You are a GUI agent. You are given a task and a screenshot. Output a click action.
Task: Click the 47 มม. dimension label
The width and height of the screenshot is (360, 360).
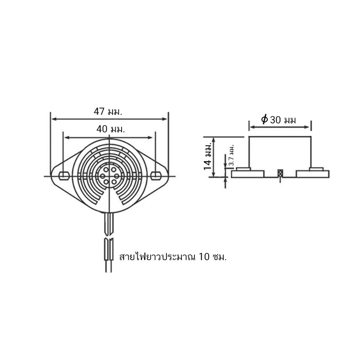point(108,112)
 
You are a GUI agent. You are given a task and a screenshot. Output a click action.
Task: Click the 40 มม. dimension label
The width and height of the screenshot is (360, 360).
point(111,129)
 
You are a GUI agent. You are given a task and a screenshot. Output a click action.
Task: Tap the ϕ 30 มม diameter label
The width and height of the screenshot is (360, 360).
point(279,120)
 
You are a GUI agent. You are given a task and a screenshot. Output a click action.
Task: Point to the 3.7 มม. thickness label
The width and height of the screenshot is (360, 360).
point(232,155)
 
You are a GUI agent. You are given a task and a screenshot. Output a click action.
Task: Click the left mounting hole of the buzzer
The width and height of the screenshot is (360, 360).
point(64,176)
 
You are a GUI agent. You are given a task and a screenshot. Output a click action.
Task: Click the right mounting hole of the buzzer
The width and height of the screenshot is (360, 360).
point(156,175)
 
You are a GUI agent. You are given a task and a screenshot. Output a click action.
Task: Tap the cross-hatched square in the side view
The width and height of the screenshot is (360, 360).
point(280,173)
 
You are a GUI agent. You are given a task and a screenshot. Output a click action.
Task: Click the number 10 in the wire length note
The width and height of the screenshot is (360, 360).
point(204,256)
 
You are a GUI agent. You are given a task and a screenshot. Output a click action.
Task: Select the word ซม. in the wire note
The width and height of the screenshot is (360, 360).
point(220,257)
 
